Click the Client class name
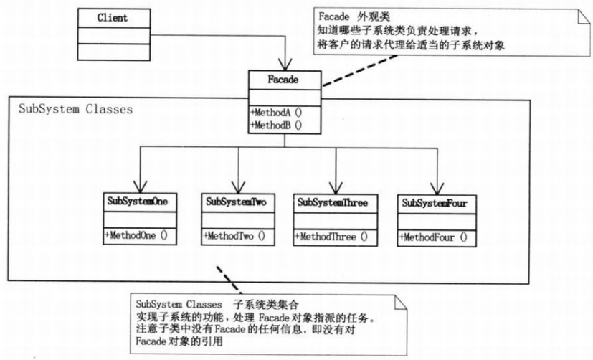(x=113, y=18)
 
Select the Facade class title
(x=283, y=80)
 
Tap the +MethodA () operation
(x=276, y=113)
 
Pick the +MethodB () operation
(x=276, y=125)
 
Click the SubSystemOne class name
(x=137, y=201)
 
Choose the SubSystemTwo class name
(x=237, y=202)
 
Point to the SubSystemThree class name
(x=333, y=202)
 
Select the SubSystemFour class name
(x=435, y=203)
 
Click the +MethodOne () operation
(x=136, y=235)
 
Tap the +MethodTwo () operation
(x=234, y=236)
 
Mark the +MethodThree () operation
(x=331, y=237)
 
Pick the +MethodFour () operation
(x=433, y=237)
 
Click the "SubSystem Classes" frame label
(x=75, y=109)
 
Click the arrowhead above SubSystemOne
(x=141, y=186)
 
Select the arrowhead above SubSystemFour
(x=437, y=189)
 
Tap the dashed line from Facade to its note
(x=359, y=71)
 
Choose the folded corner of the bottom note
(x=401, y=303)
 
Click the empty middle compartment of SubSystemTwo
(x=238, y=220)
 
